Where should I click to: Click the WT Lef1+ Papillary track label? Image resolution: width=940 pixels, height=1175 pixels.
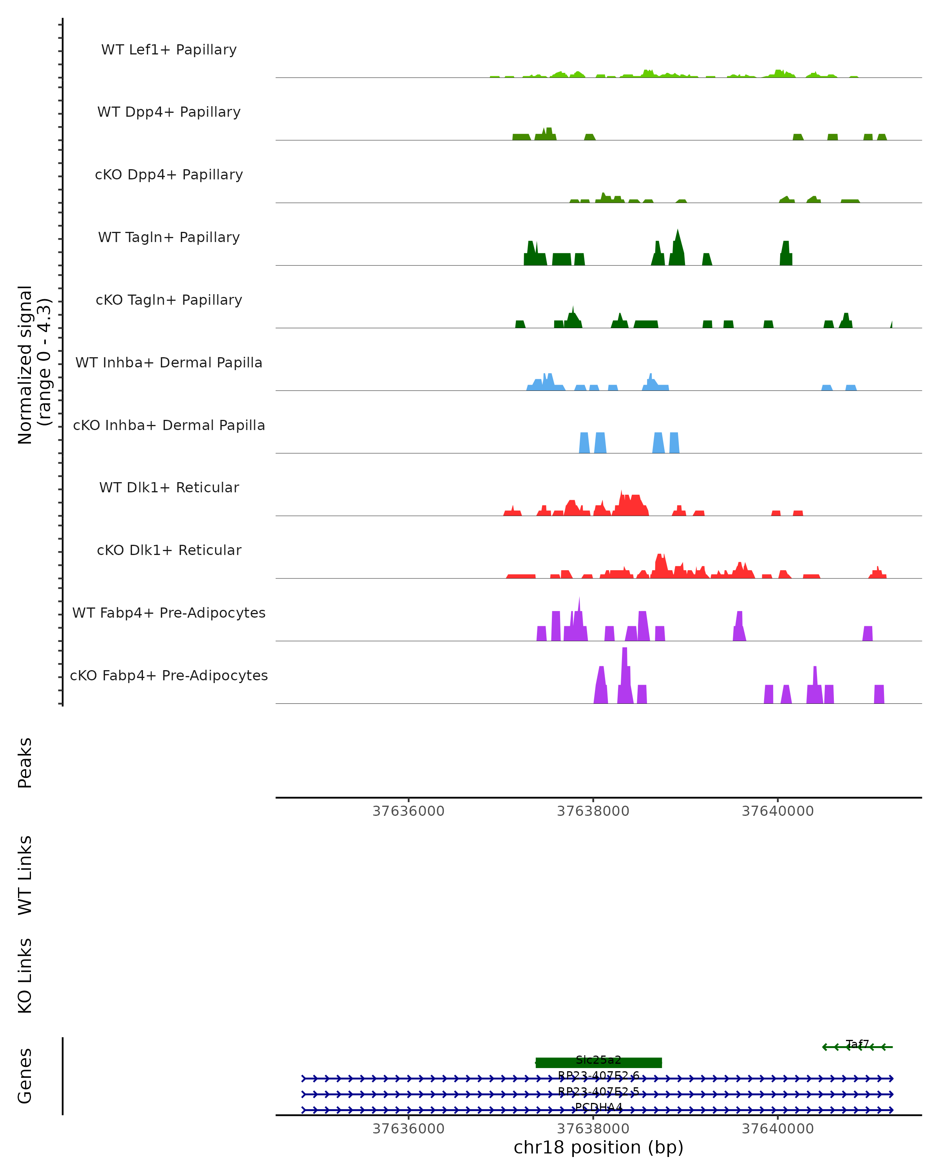coord(169,50)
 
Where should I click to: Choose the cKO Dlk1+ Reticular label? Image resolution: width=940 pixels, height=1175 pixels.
coord(169,550)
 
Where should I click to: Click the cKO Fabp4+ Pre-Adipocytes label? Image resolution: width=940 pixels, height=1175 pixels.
coord(169,675)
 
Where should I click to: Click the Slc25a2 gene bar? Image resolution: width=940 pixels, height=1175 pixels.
coord(598,1062)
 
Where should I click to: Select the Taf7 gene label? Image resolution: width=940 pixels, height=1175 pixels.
coord(857,1044)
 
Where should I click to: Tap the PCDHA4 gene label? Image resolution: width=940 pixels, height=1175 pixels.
coord(598,1107)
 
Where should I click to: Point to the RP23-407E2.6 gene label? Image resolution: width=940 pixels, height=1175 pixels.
coord(598,1076)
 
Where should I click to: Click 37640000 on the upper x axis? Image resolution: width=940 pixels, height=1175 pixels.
coord(777,811)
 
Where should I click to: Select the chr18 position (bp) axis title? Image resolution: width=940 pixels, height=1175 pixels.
coord(598,1148)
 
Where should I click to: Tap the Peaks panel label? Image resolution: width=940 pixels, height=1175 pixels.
coord(25,763)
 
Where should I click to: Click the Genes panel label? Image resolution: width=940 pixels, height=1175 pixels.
coord(25,1076)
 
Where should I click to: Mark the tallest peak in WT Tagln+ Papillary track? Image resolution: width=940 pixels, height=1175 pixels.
coord(677,231)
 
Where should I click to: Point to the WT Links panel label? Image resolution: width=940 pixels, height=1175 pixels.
coord(25,875)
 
